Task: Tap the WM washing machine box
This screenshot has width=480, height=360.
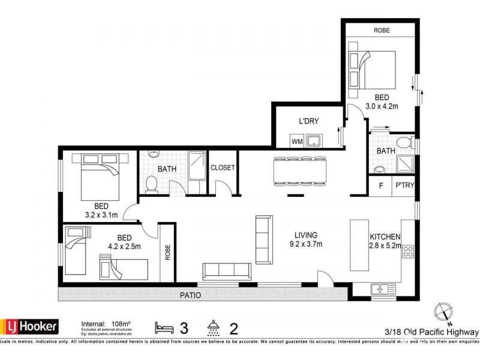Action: point(296,142)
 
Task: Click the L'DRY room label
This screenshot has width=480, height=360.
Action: point(308,121)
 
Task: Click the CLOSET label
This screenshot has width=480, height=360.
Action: point(223,168)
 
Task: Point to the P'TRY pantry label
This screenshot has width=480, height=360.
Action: point(403,186)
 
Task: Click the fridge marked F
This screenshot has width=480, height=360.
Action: point(380,186)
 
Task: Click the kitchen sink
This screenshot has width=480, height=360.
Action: point(382,289)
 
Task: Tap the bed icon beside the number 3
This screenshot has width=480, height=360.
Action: point(164,328)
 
